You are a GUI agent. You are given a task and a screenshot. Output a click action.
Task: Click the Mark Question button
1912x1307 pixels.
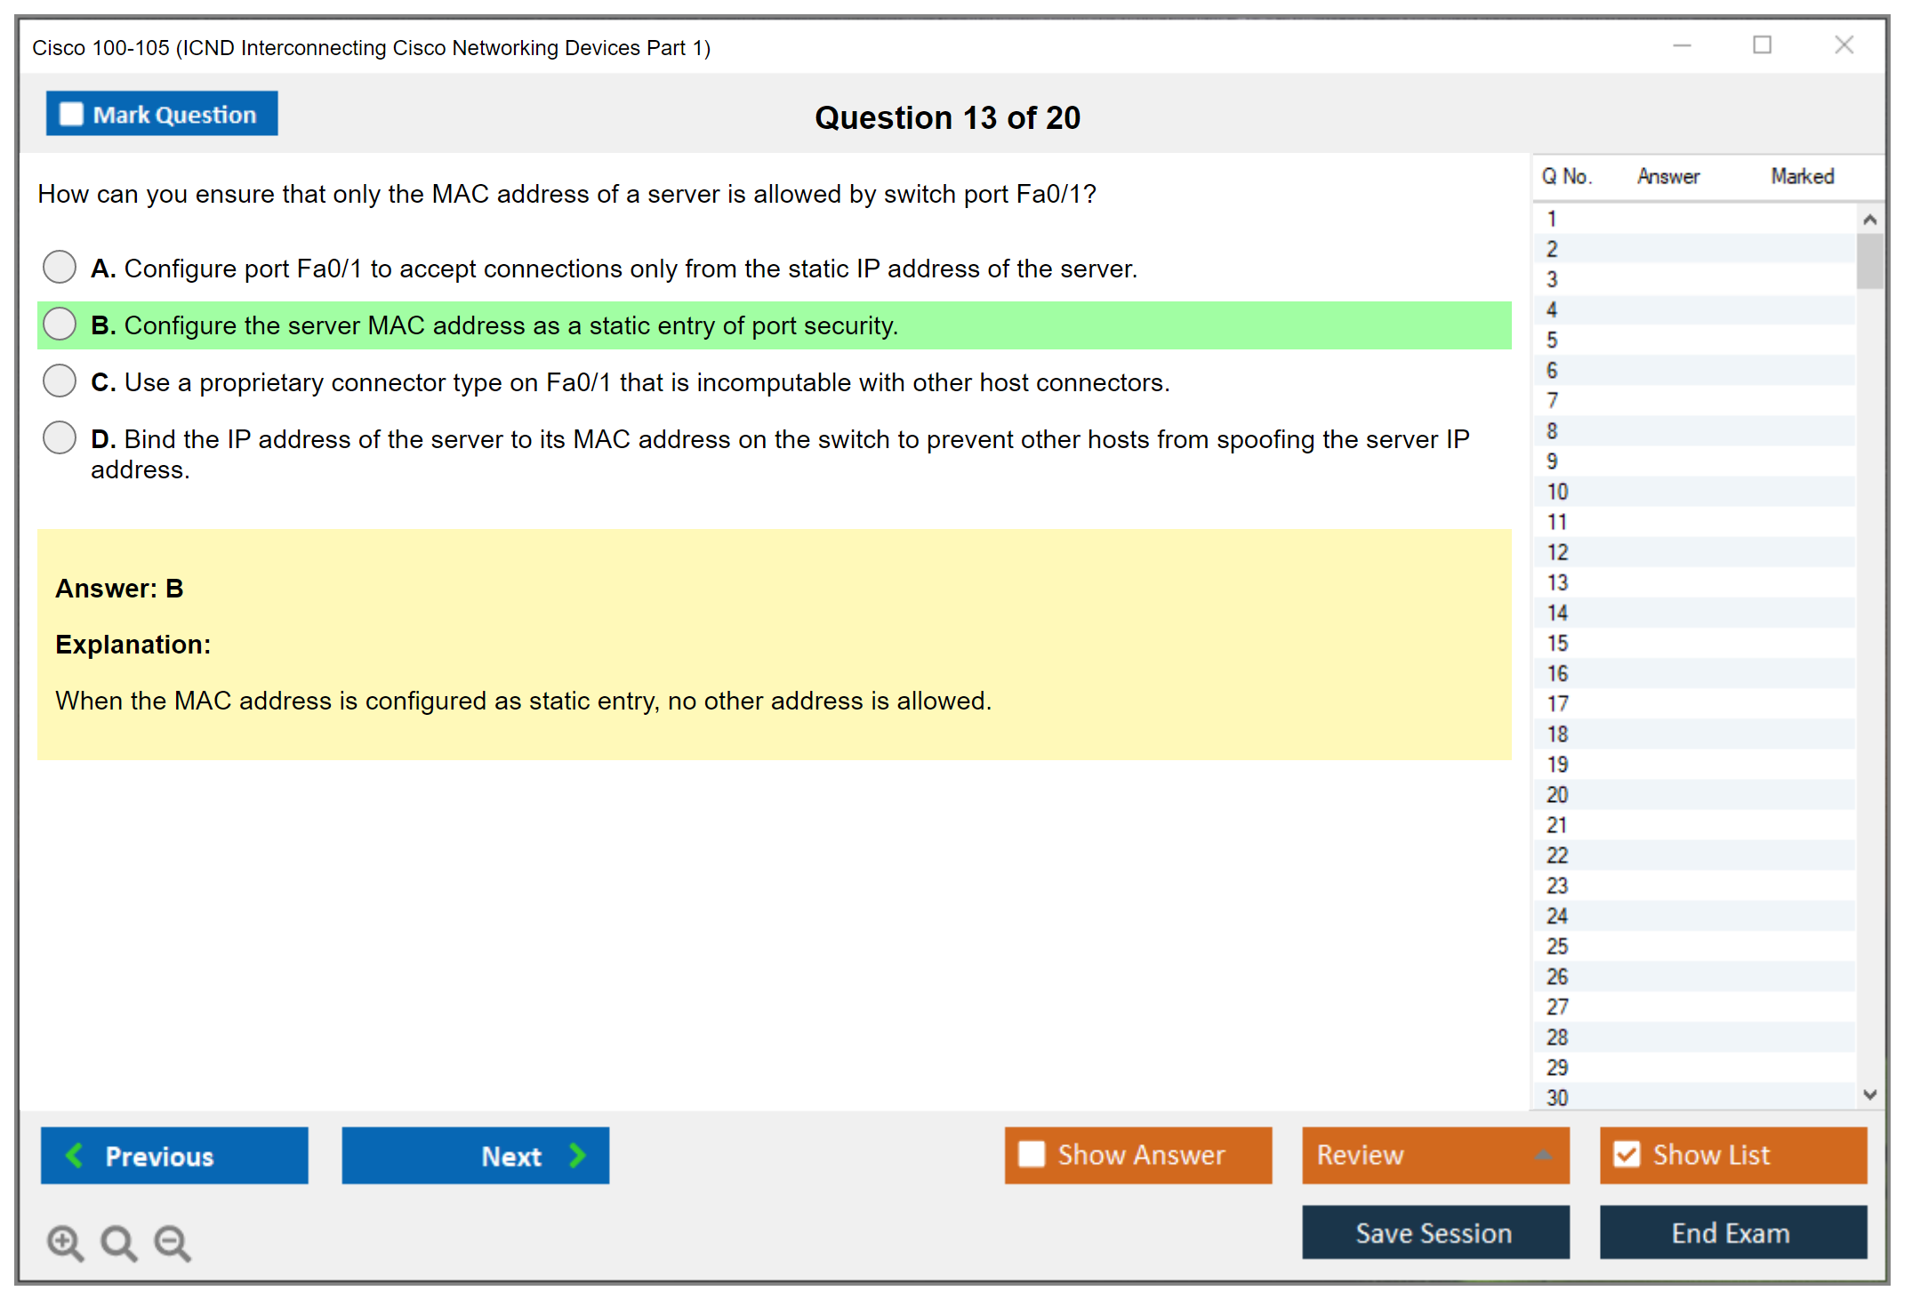coord(162,114)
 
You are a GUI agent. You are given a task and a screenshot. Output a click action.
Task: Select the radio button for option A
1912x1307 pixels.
coord(60,267)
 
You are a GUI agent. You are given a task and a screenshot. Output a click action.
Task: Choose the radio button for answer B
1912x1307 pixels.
coord(60,324)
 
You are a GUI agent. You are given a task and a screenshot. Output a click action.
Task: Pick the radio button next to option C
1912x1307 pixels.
coord(60,381)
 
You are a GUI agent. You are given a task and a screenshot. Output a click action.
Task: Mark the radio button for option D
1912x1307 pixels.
coord(60,437)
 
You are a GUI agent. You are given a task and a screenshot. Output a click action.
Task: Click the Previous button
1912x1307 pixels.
coord(174,1155)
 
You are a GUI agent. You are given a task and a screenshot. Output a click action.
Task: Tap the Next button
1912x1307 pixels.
coord(476,1155)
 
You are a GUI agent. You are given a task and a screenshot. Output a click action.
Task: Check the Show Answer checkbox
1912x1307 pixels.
coord(1032,1154)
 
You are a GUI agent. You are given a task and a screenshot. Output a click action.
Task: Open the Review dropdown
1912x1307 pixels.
coord(1435,1155)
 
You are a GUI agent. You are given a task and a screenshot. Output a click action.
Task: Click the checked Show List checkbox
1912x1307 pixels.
coord(1627,1154)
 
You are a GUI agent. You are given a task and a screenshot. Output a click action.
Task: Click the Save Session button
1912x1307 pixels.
coord(1435,1232)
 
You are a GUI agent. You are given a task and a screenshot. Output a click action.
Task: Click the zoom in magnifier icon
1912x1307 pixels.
coord(66,1243)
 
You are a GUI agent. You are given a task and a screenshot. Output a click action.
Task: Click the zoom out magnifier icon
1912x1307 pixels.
coord(173,1243)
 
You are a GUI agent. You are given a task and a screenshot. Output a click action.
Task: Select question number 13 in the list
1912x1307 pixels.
coord(1557,582)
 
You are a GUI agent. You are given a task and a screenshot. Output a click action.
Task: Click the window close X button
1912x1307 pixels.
coord(1844,45)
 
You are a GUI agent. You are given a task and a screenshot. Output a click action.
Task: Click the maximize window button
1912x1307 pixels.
coord(1762,45)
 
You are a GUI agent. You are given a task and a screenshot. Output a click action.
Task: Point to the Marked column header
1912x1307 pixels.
coord(1802,176)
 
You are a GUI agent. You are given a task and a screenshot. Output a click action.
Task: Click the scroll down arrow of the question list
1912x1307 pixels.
coord(1869,1095)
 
